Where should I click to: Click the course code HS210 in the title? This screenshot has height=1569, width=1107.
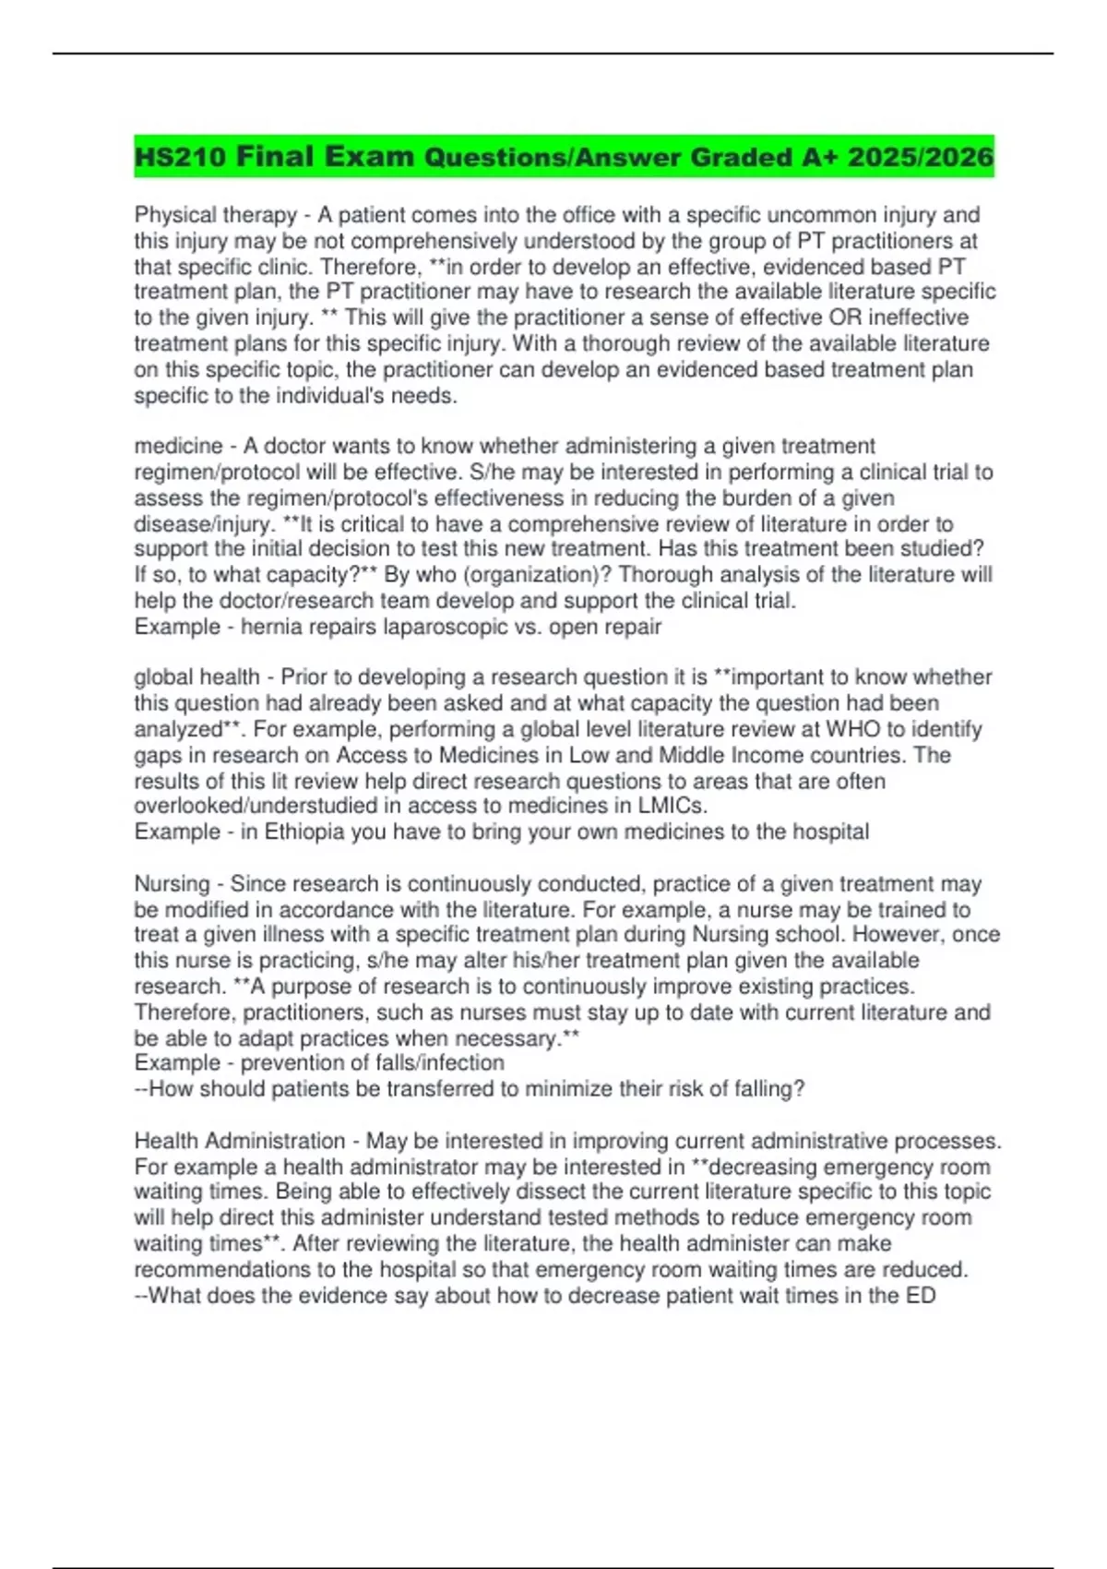click(180, 157)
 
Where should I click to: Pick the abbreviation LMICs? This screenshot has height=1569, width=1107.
click(673, 806)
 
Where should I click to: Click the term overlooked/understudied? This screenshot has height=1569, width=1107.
click(256, 806)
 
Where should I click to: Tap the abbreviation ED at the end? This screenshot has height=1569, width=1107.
click(921, 1295)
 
